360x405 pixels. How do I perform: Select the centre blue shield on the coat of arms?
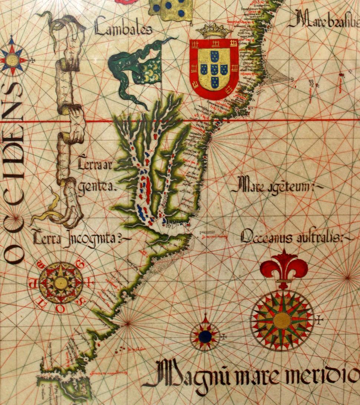point(214,69)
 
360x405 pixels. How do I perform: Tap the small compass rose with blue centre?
point(205,336)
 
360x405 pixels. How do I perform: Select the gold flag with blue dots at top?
point(171,9)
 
